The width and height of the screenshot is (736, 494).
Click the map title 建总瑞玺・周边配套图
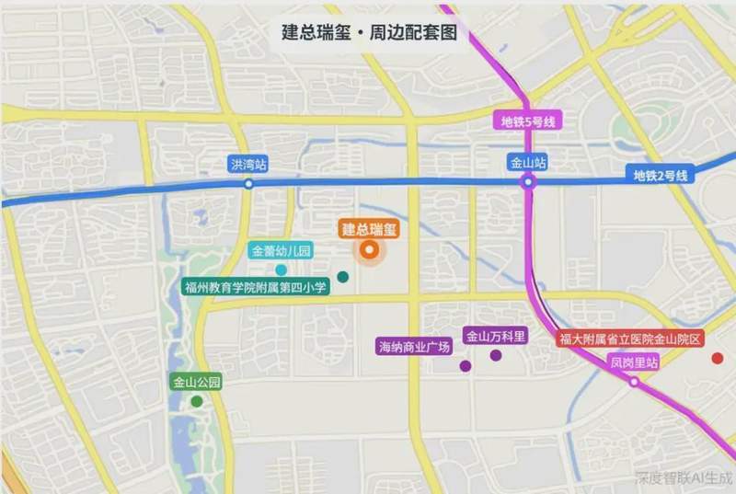[369, 32]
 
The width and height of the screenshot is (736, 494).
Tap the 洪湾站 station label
[248, 165]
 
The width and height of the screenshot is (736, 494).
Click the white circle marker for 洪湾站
[248, 184]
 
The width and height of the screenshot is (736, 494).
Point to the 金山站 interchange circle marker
[528, 183]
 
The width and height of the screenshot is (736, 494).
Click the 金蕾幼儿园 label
[282, 250]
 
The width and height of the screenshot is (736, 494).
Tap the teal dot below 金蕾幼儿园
[281, 270]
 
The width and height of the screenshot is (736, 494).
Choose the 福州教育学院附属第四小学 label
[256, 288]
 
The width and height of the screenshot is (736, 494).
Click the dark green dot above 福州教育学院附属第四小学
[343, 276]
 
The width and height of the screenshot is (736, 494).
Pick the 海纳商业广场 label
[415, 347]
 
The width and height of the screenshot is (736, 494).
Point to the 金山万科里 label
[496, 337]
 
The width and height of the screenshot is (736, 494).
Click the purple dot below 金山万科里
[496, 355]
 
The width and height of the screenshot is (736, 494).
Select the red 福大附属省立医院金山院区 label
[630, 339]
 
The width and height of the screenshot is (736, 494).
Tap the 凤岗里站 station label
[635, 362]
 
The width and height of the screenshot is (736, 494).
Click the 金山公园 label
[196, 382]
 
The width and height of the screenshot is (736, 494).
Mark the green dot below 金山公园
[197, 401]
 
